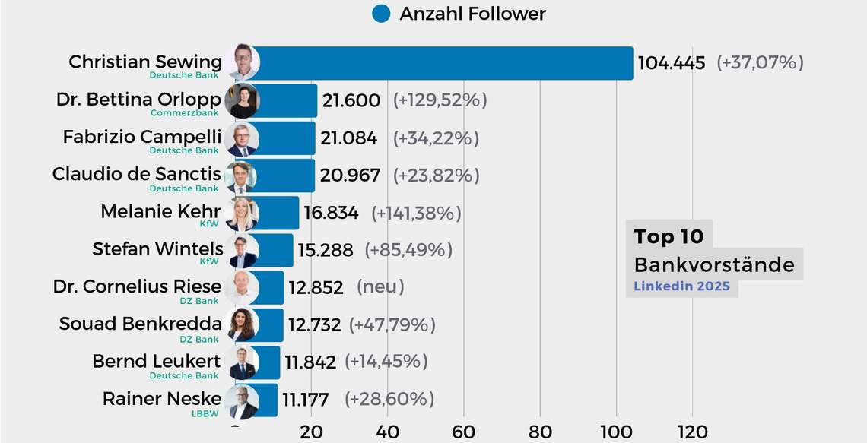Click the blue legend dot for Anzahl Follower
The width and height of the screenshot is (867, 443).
(x=381, y=14)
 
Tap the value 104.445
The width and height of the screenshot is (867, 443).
(x=672, y=63)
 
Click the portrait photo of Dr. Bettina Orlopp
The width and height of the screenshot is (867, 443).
(x=242, y=101)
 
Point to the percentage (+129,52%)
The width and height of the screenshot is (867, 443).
(x=440, y=100)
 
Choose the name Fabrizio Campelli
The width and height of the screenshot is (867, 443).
(x=142, y=137)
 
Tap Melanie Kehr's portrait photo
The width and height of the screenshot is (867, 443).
(x=242, y=214)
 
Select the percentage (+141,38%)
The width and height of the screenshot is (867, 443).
(x=416, y=214)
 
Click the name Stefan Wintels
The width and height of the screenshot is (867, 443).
(x=157, y=248)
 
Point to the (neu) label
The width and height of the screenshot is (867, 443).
(x=380, y=287)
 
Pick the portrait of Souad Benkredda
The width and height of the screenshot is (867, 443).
(x=242, y=325)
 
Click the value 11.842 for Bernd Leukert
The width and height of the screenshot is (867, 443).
(x=310, y=362)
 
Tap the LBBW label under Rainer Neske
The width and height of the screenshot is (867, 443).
(x=205, y=413)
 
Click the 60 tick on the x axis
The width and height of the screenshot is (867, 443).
(x=463, y=432)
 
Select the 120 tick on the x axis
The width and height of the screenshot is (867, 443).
(x=691, y=432)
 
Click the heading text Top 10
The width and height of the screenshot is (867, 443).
(x=669, y=236)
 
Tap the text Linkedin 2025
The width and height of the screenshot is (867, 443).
(x=681, y=286)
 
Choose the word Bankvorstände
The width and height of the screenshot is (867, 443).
(x=713, y=264)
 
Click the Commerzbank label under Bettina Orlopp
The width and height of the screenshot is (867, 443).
(x=185, y=113)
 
